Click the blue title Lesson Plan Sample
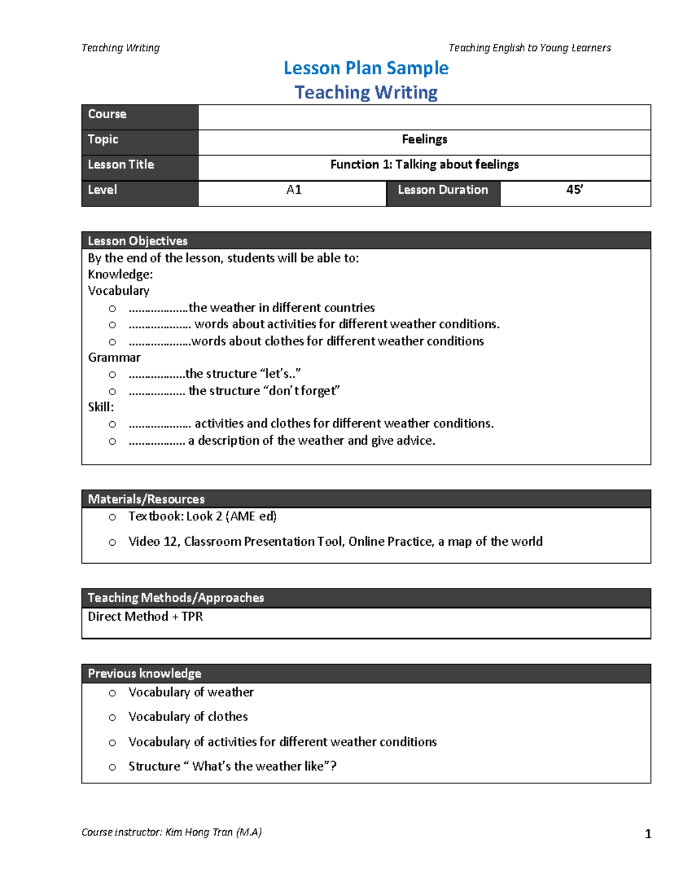(x=366, y=68)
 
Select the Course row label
(x=107, y=114)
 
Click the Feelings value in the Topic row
(x=424, y=140)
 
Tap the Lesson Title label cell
(x=121, y=165)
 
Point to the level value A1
(x=294, y=190)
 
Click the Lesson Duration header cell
(x=442, y=190)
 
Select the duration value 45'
(x=574, y=190)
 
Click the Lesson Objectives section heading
(x=138, y=241)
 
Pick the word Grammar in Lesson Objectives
(x=114, y=358)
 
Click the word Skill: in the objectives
(x=101, y=407)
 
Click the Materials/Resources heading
(x=146, y=499)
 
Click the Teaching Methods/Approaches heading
(x=176, y=598)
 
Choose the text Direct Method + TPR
(x=145, y=617)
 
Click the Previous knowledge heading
(x=145, y=673)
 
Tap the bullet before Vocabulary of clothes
(x=112, y=718)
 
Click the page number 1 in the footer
(x=648, y=834)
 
